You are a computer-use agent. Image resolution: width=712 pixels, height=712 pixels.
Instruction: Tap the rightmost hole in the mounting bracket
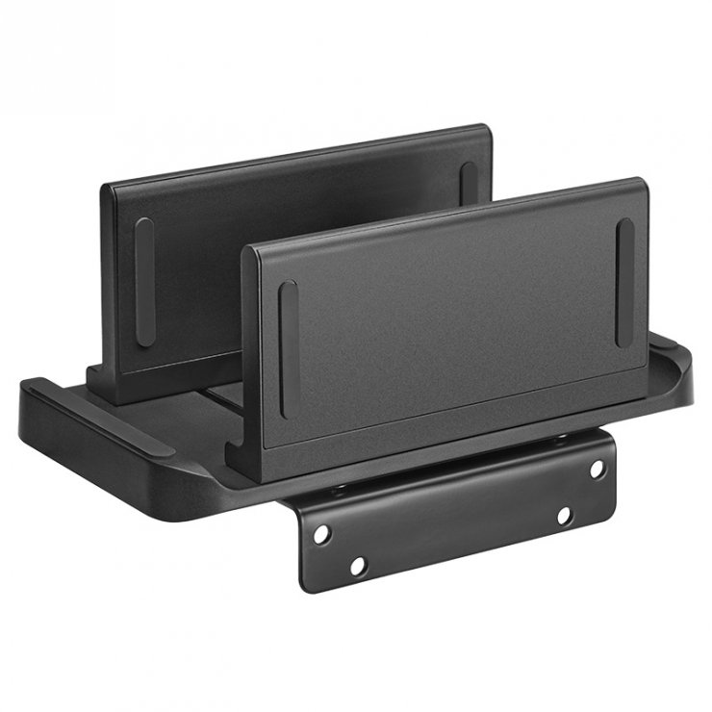click(597, 469)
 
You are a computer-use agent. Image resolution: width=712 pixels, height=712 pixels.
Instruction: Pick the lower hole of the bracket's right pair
click(565, 517)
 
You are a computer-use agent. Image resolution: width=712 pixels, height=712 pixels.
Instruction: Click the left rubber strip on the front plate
click(289, 348)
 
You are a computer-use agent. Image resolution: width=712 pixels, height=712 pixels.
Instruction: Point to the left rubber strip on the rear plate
click(144, 281)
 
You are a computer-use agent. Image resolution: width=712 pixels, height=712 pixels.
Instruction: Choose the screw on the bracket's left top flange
click(339, 490)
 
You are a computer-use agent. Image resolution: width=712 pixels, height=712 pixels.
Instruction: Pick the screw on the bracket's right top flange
click(561, 440)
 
